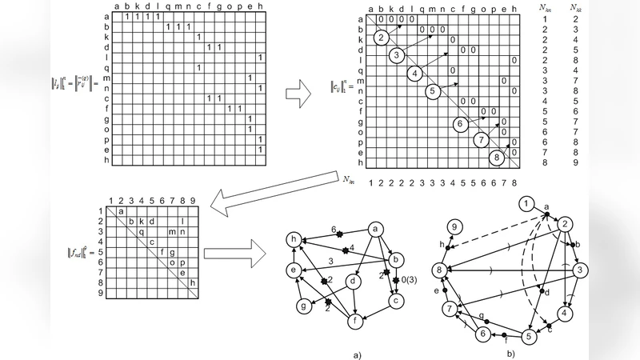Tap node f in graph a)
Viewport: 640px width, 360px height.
354,322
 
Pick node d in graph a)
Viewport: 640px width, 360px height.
353,281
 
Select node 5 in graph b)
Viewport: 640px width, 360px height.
529,336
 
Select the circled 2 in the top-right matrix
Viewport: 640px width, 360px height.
382,38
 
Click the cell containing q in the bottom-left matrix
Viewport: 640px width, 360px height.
142,231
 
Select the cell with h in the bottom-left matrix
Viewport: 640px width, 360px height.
192,282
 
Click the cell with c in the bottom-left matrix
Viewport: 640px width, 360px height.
152,242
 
